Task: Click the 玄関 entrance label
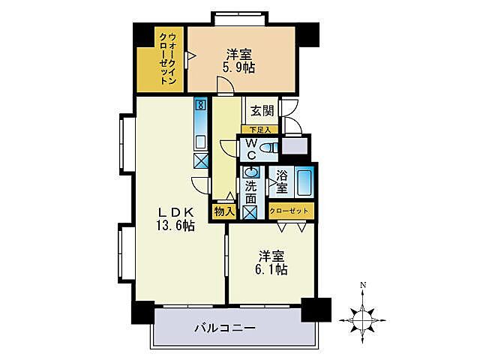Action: pyautogui.click(x=262, y=111)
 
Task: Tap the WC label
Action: pyautogui.click(x=251, y=148)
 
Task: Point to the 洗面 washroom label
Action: pyautogui.click(x=250, y=193)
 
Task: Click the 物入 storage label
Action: pyautogui.click(x=224, y=211)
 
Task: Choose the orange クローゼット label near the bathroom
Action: pyautogui.click(x=290, y=211)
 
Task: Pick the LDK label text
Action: pyautogui.click(x=175, y=211)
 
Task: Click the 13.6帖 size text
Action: pyautogui.click(x=175, y=225)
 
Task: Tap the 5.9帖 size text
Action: pyautogui.click(x=238, y=68)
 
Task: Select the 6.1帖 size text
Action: pyautogui.click(x=271, y=269)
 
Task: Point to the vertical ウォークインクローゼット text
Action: pyautogui.click(x=169, y=58)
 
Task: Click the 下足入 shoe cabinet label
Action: pyautogui.click(x=259, y=130)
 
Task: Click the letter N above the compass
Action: pyautogui.click(x=362, y=286)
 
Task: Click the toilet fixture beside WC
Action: pyautogui.click(x=270, y=148)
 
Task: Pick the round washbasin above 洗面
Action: pyautogui.click(x=250, y=172)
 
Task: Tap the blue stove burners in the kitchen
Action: pyautogui.click(x=200, y=107)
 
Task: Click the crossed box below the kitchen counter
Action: pyautogui.click(x=200, y=160)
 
